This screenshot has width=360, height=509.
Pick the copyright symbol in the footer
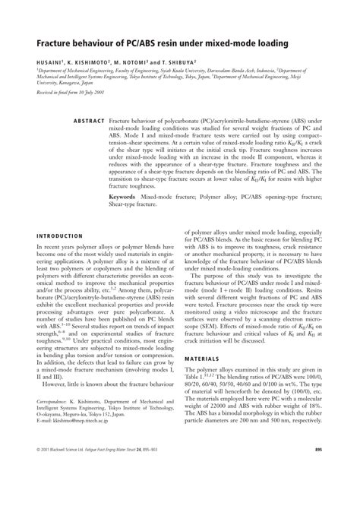point(38,491)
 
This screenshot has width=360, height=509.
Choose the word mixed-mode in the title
point(222,44)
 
